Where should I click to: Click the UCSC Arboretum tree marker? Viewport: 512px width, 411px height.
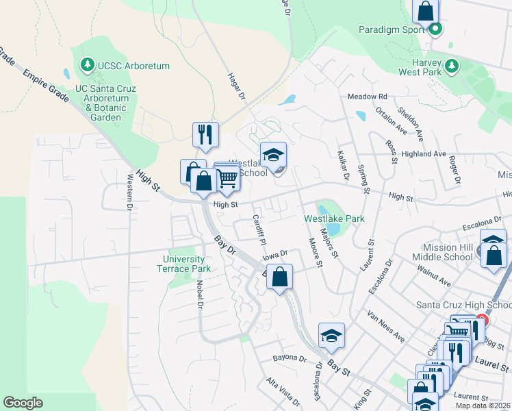click(87, 66)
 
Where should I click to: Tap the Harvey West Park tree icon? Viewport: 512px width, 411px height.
click(451, 66)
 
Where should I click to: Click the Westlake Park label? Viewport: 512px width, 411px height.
click(334, 219)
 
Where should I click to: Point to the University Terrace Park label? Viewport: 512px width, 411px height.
click(183, 264)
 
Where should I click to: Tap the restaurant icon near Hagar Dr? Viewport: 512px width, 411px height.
click(205, 135)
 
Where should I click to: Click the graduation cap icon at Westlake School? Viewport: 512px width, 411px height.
click(273, 155)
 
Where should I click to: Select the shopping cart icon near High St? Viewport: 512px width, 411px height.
click(228, 178)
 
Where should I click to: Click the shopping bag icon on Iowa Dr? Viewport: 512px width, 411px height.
click(280, 277)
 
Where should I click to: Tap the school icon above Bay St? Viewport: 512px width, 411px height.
click(331, 336)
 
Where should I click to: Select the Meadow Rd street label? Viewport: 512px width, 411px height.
click(368, 97)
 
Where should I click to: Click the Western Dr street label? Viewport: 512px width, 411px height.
click(129, 191)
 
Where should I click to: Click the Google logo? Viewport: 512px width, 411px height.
click(23, 403)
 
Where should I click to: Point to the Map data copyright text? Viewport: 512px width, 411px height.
click(483, 406)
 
